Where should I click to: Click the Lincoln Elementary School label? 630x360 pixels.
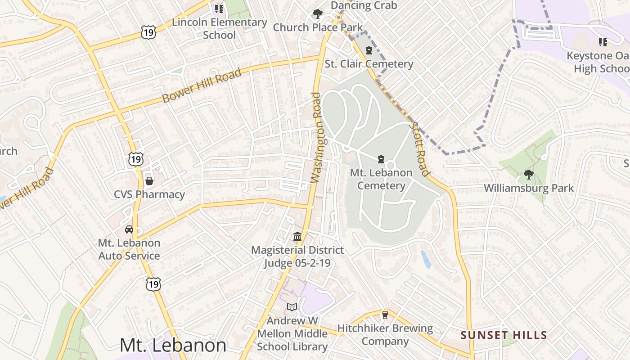coord(220,28)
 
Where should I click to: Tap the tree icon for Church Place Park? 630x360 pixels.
coord(317,14)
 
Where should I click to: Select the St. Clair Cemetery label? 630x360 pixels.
coord(369,64)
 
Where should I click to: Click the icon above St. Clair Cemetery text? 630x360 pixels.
coord(369,50)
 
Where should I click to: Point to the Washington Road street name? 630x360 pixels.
coord(318,137)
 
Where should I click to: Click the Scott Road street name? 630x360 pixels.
coord(418,149)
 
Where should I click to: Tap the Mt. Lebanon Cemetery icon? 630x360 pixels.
coord(381,159)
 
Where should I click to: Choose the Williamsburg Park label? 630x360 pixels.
coord(529,188)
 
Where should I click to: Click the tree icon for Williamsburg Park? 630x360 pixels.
coord(528,174)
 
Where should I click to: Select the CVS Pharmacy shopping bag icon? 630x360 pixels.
coord(149,181)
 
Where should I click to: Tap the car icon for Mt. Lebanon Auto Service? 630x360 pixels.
coord(129,229)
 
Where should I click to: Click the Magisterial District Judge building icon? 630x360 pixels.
coord(297,236)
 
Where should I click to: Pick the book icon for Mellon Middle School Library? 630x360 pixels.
coord(292,307)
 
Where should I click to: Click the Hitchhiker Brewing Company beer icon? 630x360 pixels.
coord(385,315)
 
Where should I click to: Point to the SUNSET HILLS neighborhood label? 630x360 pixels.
coord(504,335)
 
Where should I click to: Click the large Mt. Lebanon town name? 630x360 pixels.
coord(173,345)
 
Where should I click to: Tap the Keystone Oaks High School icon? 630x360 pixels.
coord(603,42)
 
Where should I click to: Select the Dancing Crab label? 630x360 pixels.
coord(364,5)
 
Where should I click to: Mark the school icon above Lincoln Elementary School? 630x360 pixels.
coord(219,9)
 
